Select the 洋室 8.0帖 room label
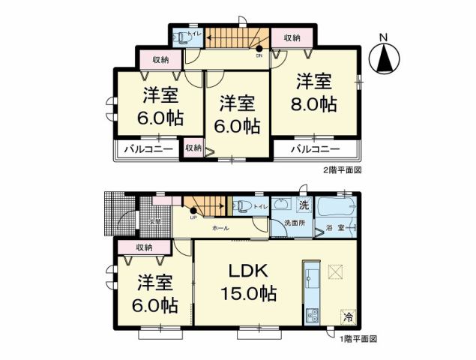(x=315, y=91)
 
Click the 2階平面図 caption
(x=343, y=170)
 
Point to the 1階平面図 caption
(x=357, y=339)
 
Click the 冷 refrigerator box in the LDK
(x=349, y=316)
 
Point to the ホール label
(x=220, y=227)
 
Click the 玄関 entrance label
(x=154, y=221)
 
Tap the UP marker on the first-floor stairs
(x=193, y=218)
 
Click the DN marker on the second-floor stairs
(x=259, y=55)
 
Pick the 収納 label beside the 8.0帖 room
(x=292, y=37)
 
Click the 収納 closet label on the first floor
(x=144, y=247)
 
